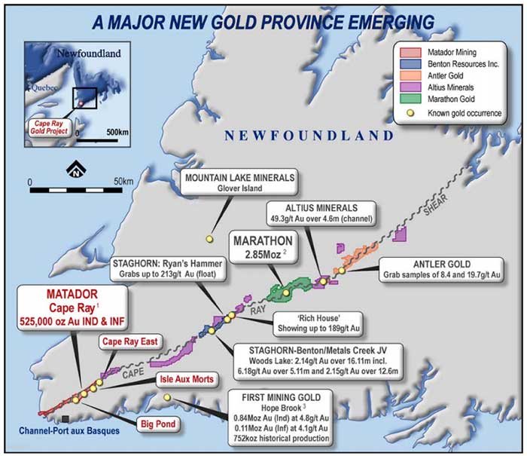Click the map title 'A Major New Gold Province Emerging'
point(263,22)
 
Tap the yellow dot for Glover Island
point(209,239)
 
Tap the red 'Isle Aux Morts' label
point(185,378)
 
